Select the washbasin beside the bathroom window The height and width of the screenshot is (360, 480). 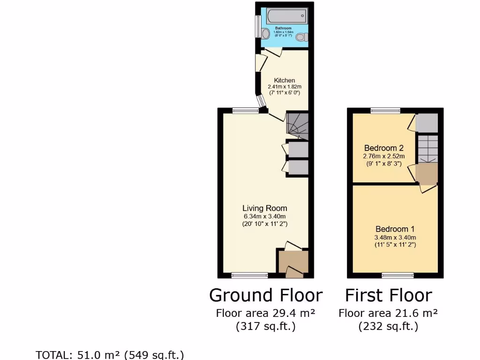[265, 33]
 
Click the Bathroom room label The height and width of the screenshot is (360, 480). [283, 28]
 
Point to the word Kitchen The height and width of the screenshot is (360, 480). [285, 80]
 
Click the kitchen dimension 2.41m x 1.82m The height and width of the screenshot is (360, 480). [285, 87]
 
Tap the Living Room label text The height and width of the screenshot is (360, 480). [264, 208]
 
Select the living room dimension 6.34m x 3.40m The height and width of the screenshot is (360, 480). [264, 216]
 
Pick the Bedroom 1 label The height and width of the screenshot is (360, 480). [395, 229]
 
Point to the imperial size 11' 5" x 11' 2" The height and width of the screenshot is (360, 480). [395, 245]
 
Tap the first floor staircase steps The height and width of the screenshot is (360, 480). [427, 148]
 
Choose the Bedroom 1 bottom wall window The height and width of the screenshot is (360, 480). [397, 275]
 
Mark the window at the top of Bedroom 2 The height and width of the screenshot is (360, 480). [385, 111]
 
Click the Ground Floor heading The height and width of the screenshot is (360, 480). [266, 295]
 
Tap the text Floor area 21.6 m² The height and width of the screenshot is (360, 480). [388, 313]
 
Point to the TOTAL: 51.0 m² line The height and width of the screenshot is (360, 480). [110, 354]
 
